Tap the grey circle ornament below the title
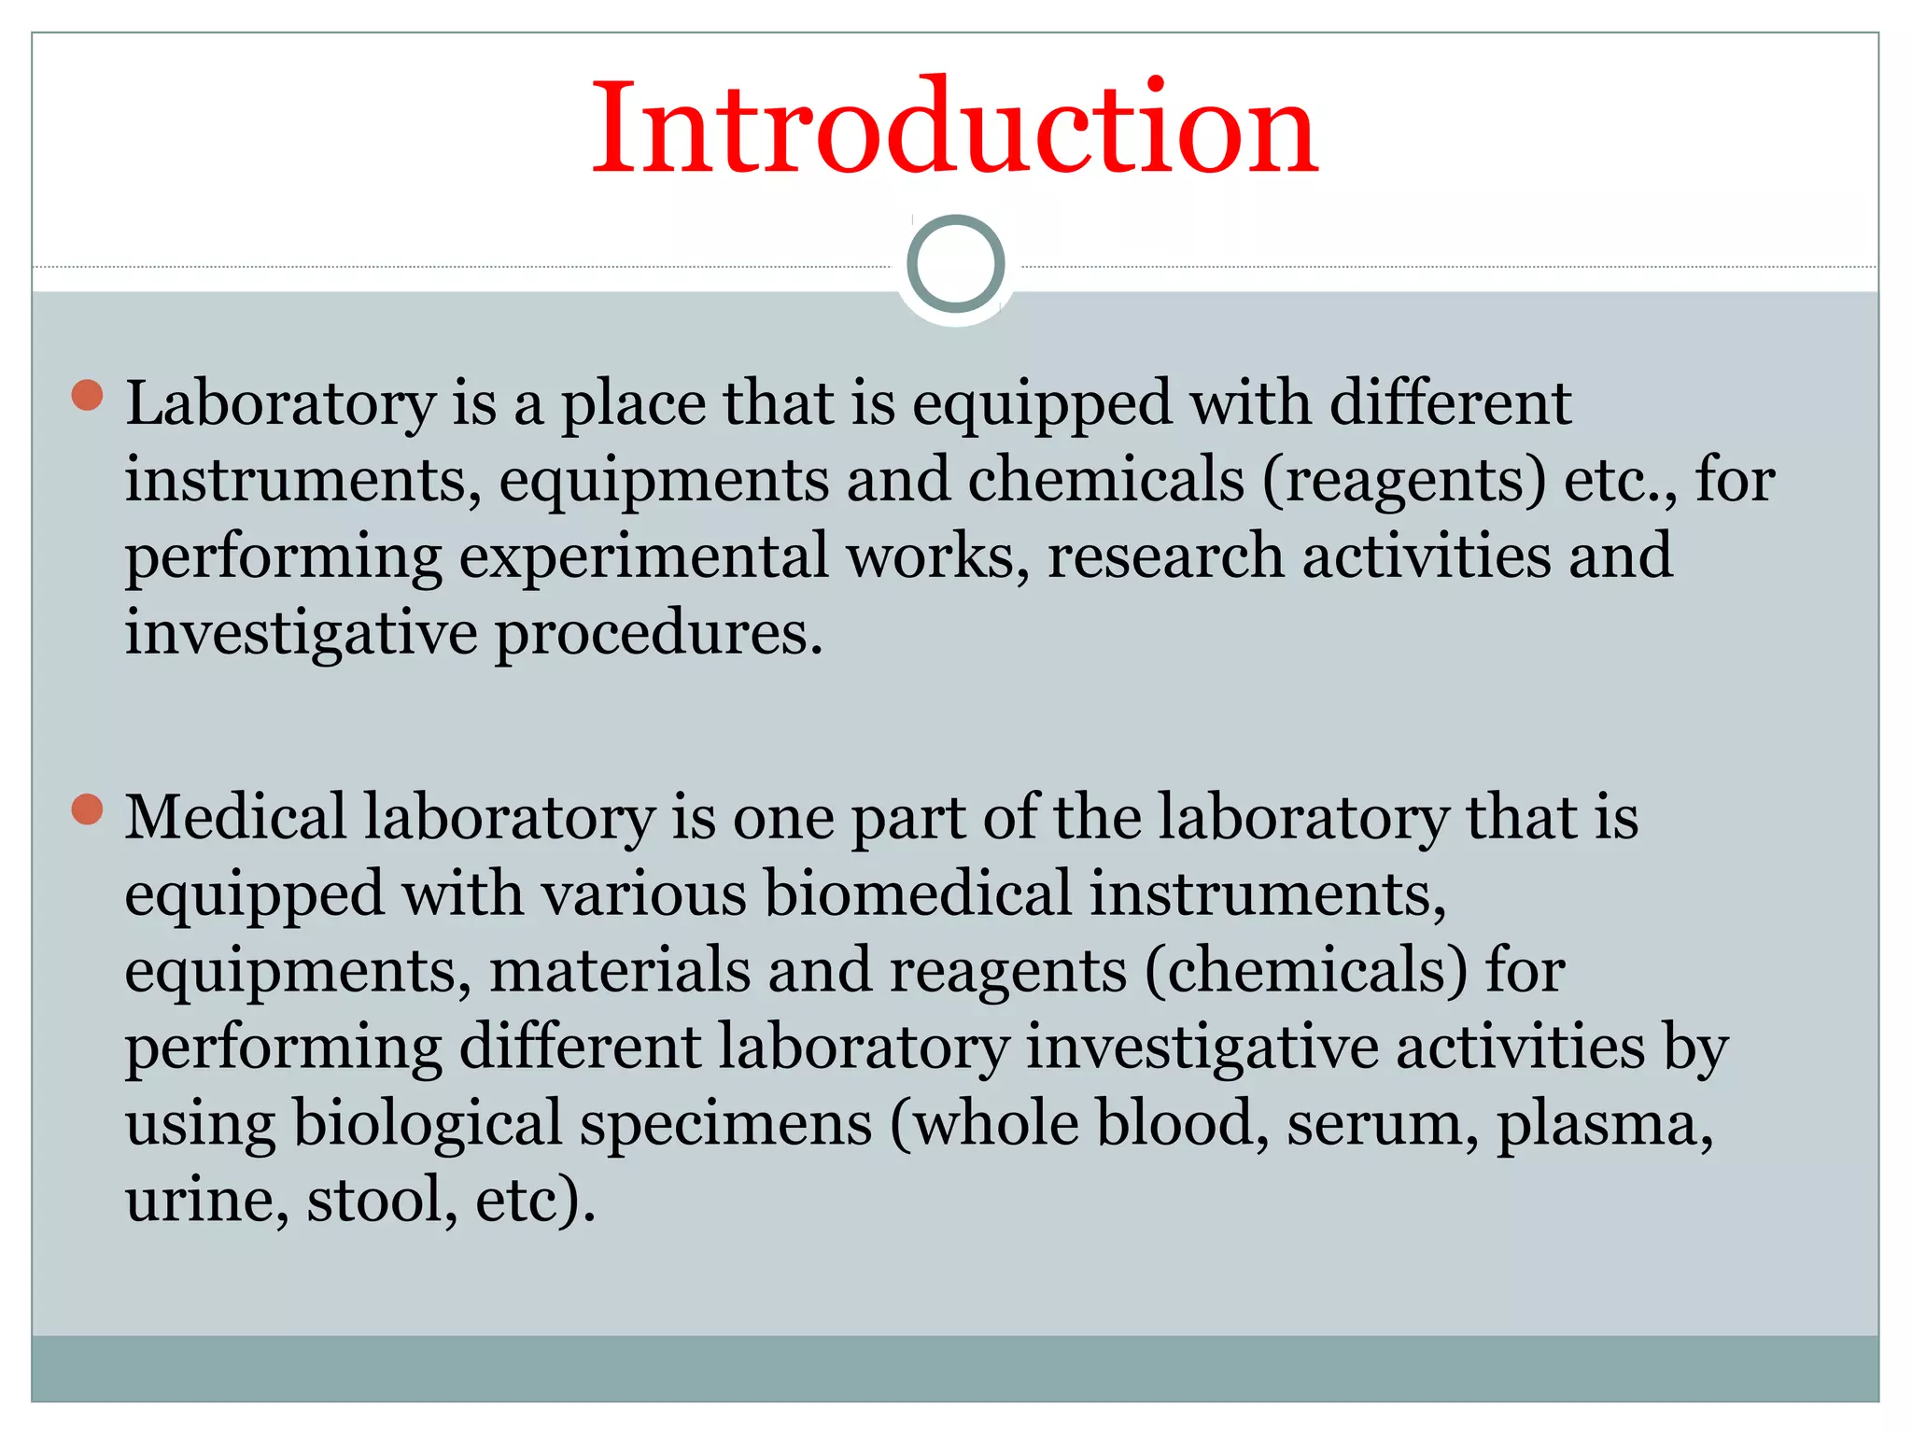pos(955,264)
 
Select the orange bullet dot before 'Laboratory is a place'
pos(87,395)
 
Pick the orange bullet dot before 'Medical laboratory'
pos(87,808)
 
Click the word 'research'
pos(1165,557)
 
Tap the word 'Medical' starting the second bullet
pos(235,818)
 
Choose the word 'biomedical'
pos(918,894)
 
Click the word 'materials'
pos(620,971)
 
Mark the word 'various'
pos(644,894)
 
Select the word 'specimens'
pos(726,1124)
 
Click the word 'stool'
pos(375,1201)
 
